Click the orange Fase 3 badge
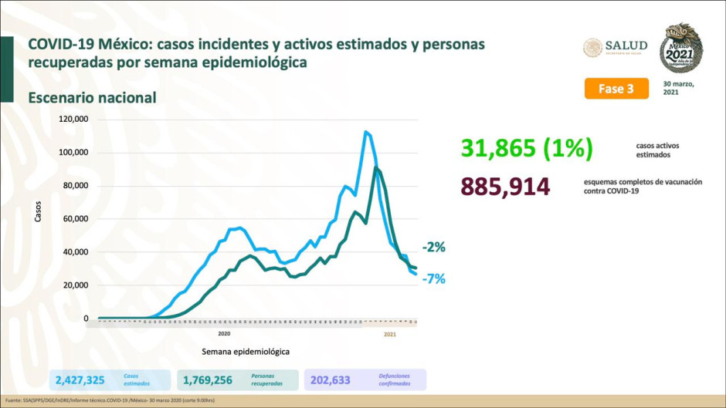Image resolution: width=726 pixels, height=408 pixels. coord(616,88)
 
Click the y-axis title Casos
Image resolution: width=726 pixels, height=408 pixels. coord(38,211)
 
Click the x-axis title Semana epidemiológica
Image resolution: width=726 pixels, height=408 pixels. coord(246,352)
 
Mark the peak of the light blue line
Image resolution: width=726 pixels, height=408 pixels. coord(365,132)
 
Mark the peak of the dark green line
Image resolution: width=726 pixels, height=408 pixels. coord(375,167)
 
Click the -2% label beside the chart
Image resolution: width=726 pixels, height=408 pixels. coord(433,248)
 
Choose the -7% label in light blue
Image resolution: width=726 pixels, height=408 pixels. coord(433,279)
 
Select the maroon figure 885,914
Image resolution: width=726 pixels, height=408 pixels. coord(504,186)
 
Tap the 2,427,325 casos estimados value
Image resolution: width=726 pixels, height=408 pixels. coord(80,379)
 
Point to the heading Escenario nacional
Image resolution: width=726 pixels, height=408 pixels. coord(92,98)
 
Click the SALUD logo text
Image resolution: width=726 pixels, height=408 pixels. coord(626,46)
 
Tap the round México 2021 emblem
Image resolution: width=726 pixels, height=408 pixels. coord(680,47)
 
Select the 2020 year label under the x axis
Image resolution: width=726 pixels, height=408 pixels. coord(223,334)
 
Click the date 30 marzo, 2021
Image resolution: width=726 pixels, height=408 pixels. coord(679,87)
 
